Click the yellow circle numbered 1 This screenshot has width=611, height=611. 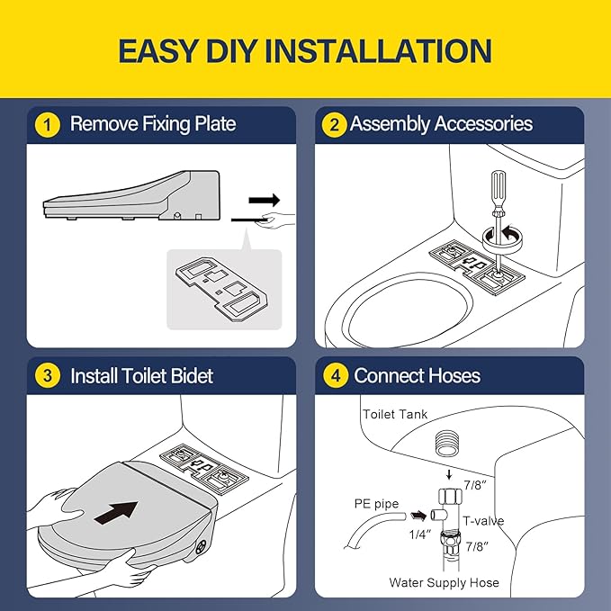(x=48, y=125)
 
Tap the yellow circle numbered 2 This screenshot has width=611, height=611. (x=335, y=125)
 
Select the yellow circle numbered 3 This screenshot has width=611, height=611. (x=48, y=375)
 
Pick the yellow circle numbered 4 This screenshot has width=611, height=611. (x=336, y=375)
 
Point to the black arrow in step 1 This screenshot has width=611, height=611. (x=265, y=201)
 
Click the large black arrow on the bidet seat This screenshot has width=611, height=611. (x=116, y=512)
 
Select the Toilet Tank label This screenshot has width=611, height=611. (x=395, y=414)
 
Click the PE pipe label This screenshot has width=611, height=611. (x=376, y=504)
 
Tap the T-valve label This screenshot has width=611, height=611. (x=483, y=521)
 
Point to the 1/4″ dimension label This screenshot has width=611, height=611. (x=420, y=535)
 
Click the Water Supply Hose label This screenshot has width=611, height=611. (x=444, y=582)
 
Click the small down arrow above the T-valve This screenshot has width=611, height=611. (x=449, y=474)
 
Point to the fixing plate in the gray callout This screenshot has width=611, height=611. (x=221, y=289)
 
